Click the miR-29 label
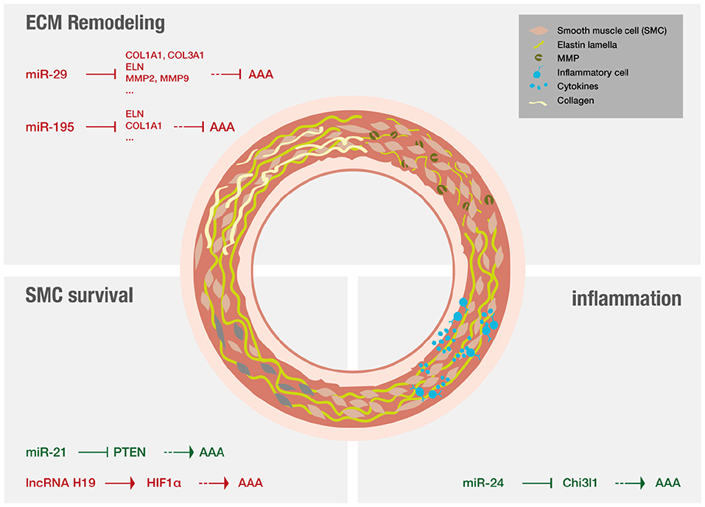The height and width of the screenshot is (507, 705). (x=46, y=74)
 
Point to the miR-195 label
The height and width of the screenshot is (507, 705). (x=49, y=127)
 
